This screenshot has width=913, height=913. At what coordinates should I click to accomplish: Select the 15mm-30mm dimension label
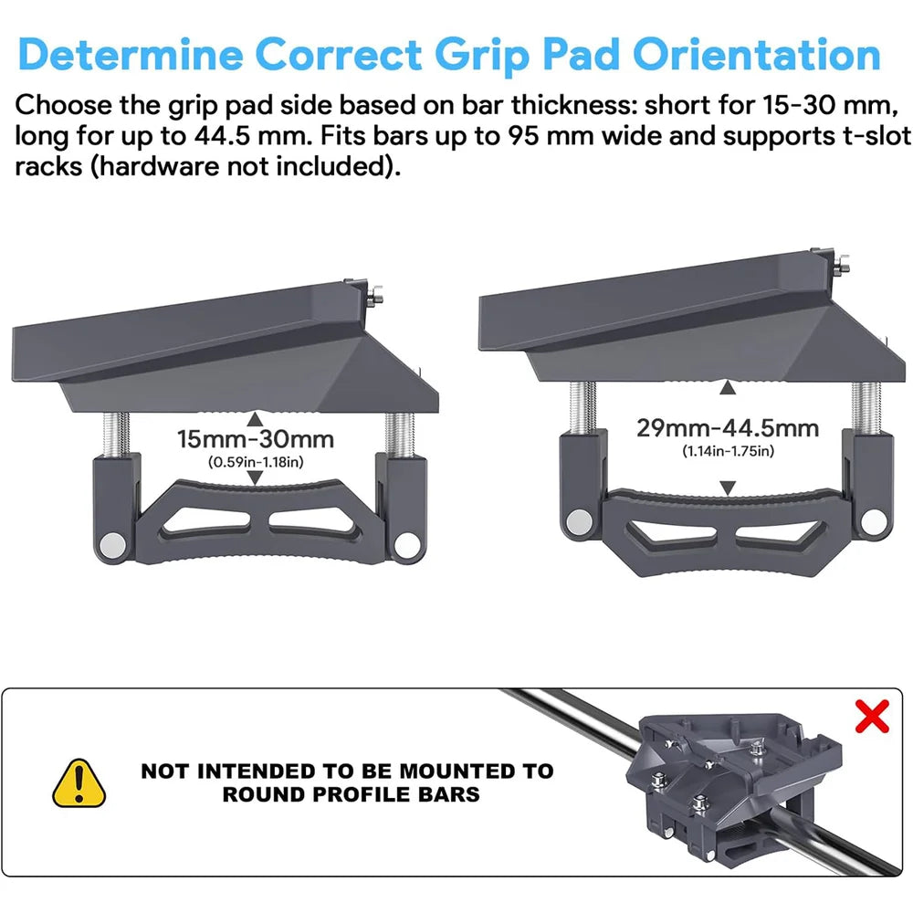[256, 439]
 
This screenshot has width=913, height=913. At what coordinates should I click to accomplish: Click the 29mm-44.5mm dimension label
[728, 428]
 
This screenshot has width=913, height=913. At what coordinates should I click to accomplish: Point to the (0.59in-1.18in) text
[256, 462]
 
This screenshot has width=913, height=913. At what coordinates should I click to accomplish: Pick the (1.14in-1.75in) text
[728, 451]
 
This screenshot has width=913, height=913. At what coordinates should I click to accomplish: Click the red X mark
[872, 718]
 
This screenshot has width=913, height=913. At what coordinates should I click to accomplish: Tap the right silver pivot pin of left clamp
[403, 545]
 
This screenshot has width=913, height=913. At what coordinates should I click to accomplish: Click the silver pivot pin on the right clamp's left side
[577, 521]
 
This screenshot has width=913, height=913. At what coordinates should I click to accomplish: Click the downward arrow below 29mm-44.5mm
[728, 489]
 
